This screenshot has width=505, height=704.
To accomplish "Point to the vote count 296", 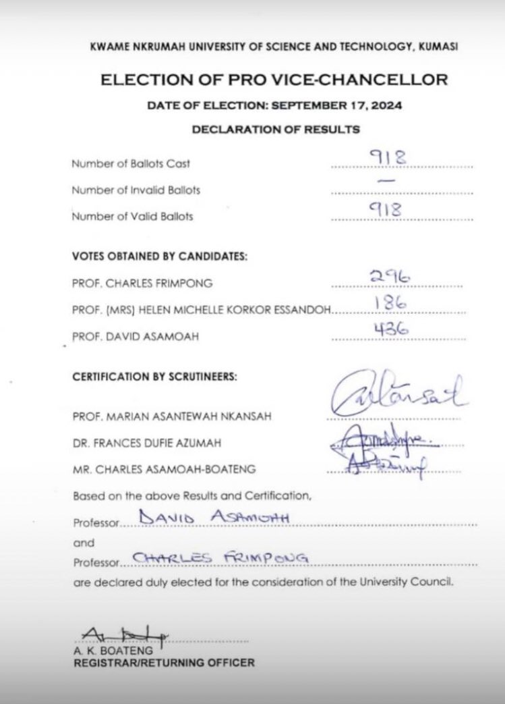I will [387, 277].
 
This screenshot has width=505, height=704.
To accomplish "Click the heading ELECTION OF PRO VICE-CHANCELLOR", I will [274, 80].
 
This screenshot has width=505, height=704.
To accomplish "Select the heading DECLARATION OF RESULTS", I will [275, 129].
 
